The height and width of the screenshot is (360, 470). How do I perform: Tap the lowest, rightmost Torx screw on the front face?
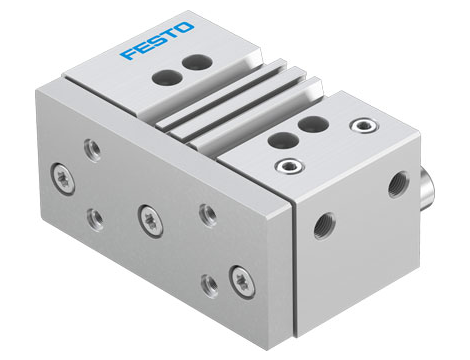pos(239,276)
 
